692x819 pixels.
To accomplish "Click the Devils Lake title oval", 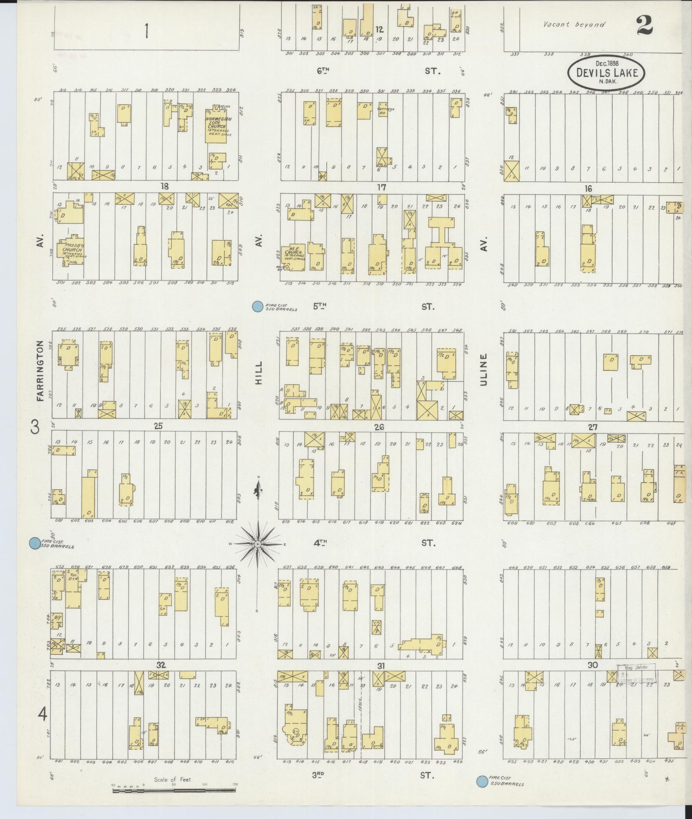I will click(x=606, y=72).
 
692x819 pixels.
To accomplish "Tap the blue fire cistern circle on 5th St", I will click(x=257, y=306).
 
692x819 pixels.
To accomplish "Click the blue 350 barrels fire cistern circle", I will click(x=34, y=543).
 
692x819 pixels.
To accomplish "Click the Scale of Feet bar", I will click(x=174, y=790).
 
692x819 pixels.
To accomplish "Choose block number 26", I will click(x=379, y=427).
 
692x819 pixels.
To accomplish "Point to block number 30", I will click(x=593, y=665).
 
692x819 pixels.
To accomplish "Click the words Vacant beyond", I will click(x=574, y=25).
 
